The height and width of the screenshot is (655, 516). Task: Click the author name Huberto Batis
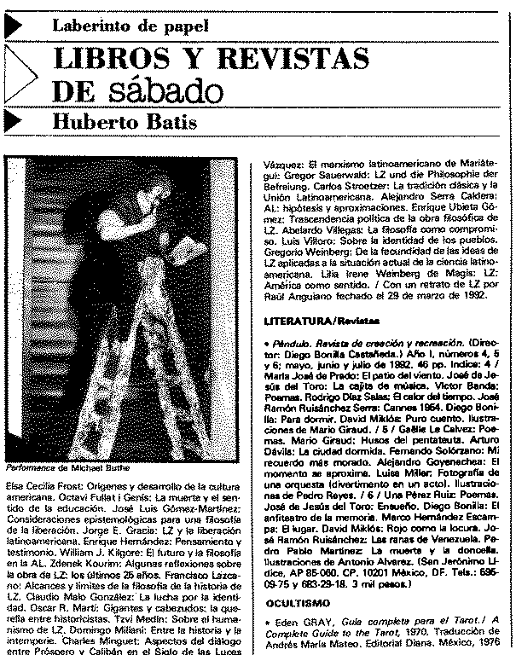pyautogui.click(x=125, y=122)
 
